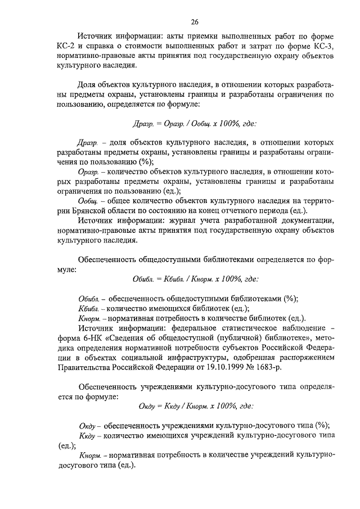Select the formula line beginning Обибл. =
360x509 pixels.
(195, 278)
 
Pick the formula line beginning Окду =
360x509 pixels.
(195, 405)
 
